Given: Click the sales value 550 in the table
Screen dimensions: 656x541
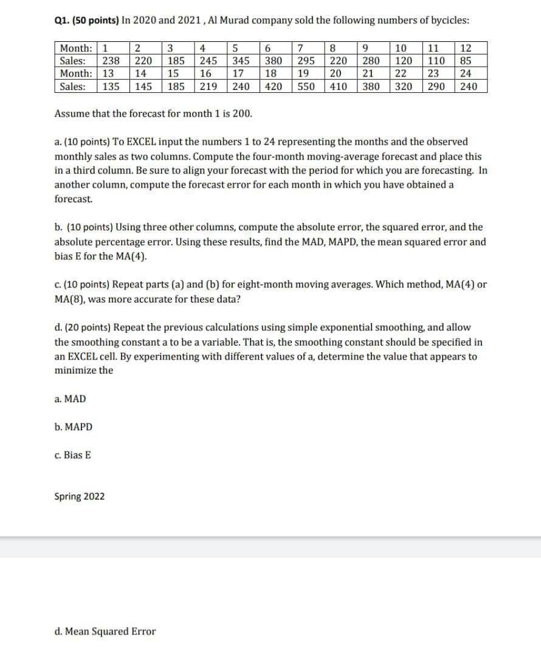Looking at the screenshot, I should point(306,86).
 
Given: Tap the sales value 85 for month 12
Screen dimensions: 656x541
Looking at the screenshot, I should point(465,61).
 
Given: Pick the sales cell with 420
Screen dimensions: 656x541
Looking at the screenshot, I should point(274,86).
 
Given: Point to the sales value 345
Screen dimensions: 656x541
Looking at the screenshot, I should point(241,61).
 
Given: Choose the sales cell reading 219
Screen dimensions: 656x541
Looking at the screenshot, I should point(208,86).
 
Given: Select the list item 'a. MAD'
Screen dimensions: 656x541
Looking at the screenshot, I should point(70,399).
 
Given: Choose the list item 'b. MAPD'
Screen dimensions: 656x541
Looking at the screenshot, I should point(74,427).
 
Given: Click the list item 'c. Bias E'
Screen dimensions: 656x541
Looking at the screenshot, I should point(73,455).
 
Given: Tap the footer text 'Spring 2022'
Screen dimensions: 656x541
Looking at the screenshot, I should point(79,497).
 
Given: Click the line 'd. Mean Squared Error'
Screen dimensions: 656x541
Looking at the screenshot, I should point(105,632).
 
